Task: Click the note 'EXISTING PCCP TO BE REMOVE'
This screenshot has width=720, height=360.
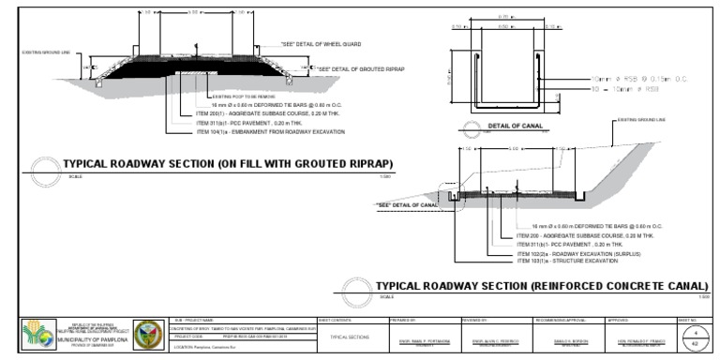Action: (243, 97)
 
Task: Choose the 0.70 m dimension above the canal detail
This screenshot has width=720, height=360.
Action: (505, 17)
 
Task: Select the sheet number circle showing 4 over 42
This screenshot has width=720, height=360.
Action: (695, 337)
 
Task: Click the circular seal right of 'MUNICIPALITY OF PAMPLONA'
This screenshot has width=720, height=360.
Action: (149, 335)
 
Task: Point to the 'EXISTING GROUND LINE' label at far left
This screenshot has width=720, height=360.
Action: (45, 52)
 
